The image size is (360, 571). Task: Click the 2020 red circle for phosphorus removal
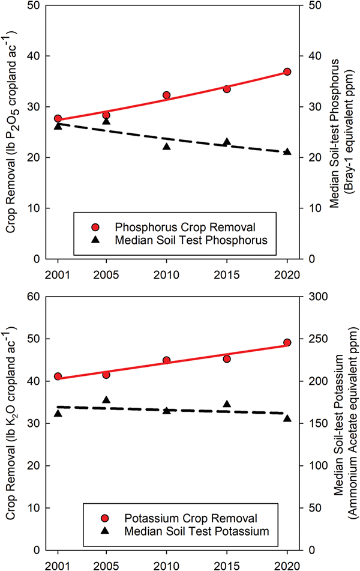[x=287, y=71]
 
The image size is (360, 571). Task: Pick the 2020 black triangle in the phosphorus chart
[x=287, y=151]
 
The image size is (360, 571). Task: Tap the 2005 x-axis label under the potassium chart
[x=106, y=565]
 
